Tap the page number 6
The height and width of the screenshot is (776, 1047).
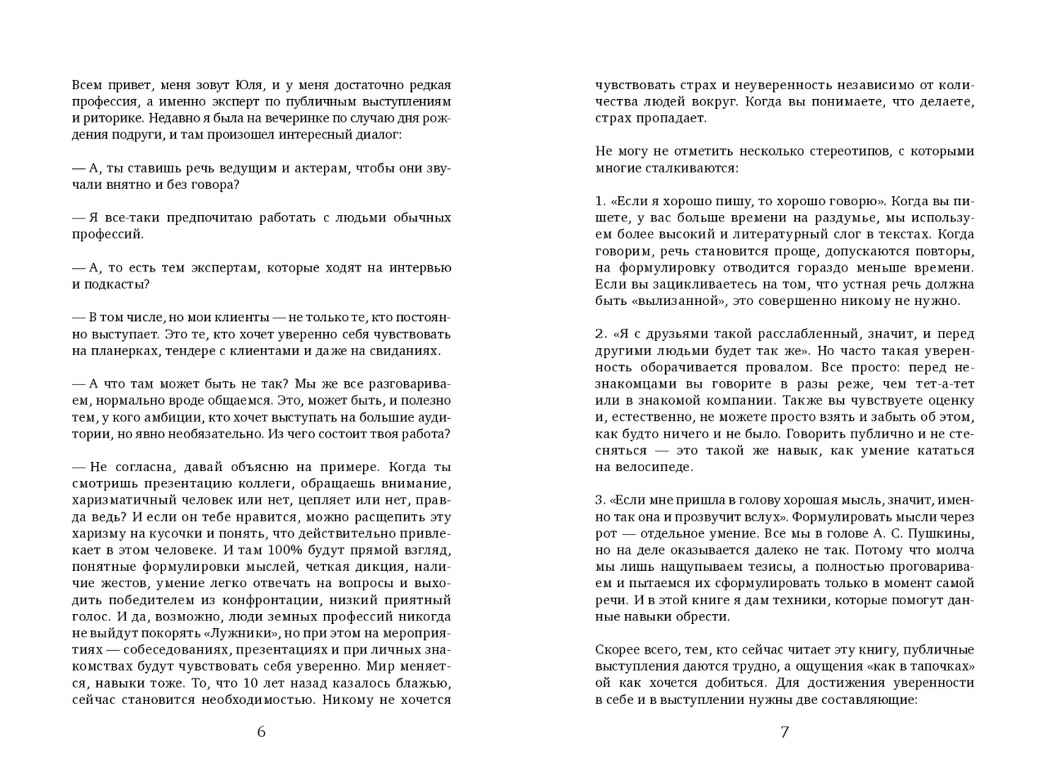tap(262, 732)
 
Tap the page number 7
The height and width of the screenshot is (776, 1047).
tap(785, 732)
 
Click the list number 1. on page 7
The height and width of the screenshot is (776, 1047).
tap(600, 202)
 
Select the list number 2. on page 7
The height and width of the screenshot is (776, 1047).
tap(600, 334)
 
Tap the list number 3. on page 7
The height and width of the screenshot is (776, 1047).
tap(600, 500)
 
